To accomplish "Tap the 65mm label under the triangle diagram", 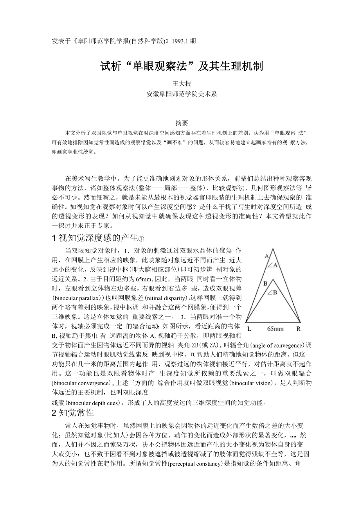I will [x=275, y=329].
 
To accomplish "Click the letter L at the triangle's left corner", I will [x=249, y=329].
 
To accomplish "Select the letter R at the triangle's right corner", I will [x=298, y=329].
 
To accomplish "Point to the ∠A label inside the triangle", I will [x=272, y=266].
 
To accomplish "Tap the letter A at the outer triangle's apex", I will [x=266, y=256].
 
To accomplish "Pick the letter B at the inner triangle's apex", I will [x=265, y=283].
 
